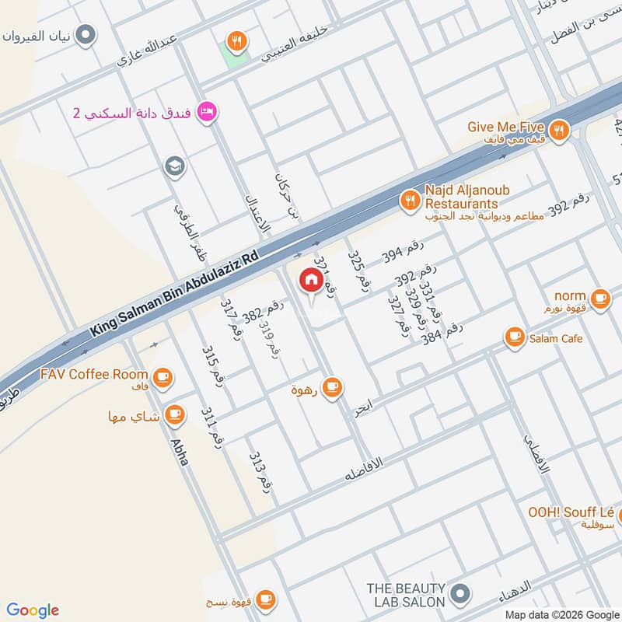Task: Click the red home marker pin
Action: (x=311, y=281)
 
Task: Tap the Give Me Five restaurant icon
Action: (x=557, y=131)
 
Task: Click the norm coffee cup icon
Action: (x=599, y=297)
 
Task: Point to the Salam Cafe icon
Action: (x=514, y=337)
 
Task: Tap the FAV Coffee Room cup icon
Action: (x=162, y=378)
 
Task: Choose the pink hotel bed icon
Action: (x=207, y=112)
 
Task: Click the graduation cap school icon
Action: (x=173, y=166)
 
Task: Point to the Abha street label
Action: (x=180, y=451)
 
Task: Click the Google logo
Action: (x=33, y=610)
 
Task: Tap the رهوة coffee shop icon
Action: (x=332, y=386)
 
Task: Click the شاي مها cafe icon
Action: (x=174, y=414)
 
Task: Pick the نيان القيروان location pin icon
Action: (x=87, y=35)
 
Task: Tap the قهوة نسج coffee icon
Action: (x=265, y=599)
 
